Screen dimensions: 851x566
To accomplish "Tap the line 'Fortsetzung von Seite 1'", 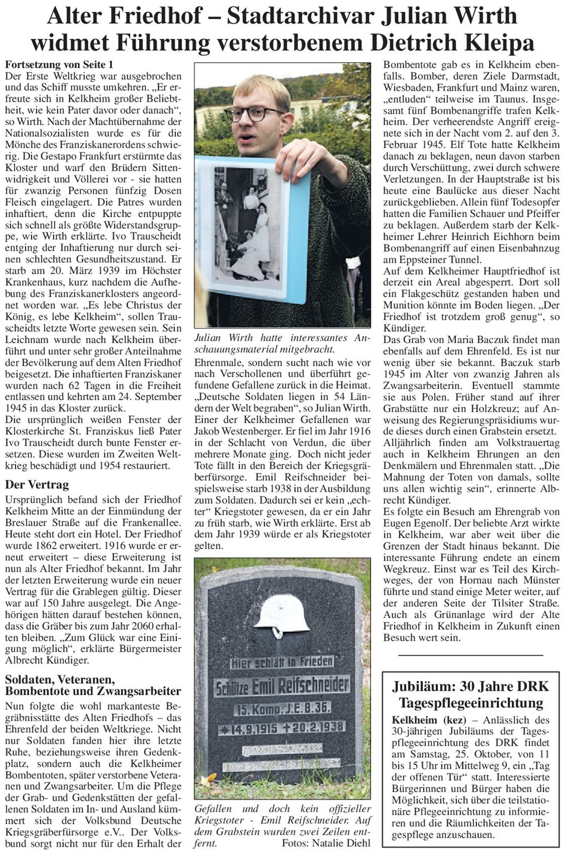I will click(x=52, y=64).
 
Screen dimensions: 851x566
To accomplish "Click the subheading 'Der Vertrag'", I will click(x=37, y=485).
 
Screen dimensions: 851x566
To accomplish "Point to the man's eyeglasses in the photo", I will click(x=258, y=113).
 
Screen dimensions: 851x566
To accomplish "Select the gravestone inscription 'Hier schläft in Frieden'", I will click(x=282, y=661).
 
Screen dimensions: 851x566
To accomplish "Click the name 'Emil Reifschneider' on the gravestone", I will click(x=301, y=685).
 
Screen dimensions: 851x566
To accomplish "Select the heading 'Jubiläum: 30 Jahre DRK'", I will click(x=470, y=686).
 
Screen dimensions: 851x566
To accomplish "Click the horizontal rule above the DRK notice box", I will click(x=470, y=656).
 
